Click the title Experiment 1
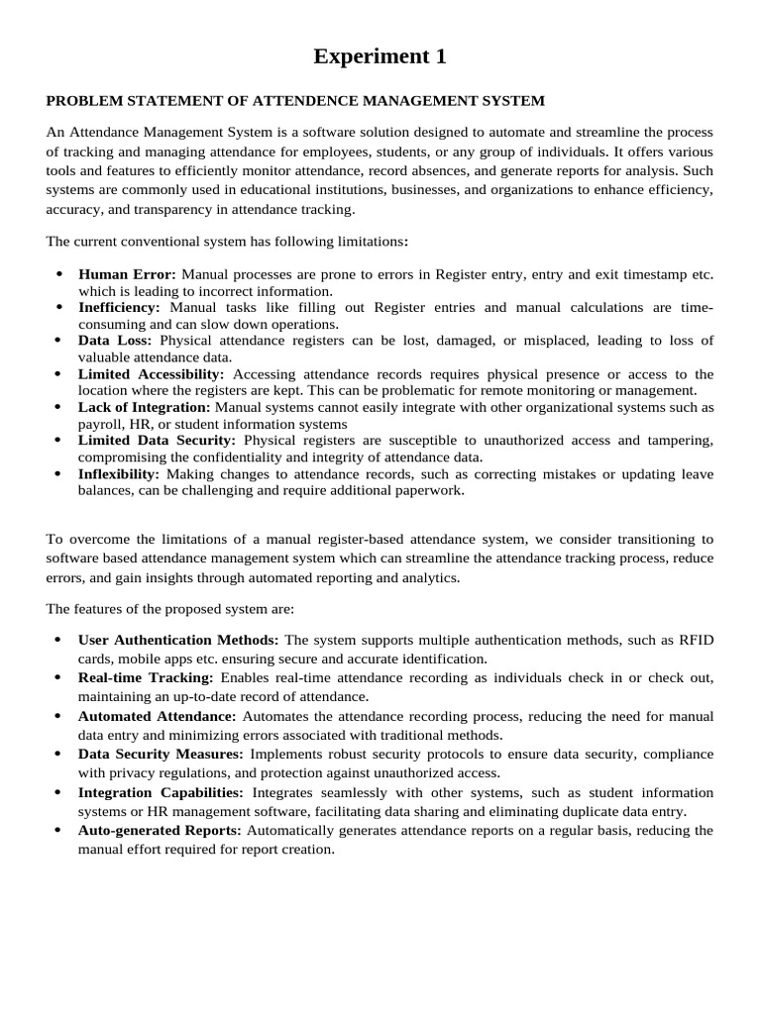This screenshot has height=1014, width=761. (380, 57)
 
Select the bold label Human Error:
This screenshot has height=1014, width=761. (127, 274)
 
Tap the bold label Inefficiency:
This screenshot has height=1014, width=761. (119, 308)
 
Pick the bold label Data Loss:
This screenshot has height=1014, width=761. (115, 341)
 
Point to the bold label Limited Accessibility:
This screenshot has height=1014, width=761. (152, 374)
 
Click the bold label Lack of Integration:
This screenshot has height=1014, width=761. (145, 407)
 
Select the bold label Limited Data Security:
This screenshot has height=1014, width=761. (157, 441)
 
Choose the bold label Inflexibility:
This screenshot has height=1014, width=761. (119, 474)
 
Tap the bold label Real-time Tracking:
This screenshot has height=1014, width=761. (146, 677)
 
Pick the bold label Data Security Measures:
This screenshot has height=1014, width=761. (162, 754)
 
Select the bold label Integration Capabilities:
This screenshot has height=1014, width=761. (161, 792)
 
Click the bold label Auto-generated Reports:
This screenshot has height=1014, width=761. (160, 830)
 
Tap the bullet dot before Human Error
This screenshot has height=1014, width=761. (58, 274)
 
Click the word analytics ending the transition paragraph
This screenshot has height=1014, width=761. (428, 577)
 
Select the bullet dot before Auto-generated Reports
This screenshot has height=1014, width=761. (58, 830)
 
